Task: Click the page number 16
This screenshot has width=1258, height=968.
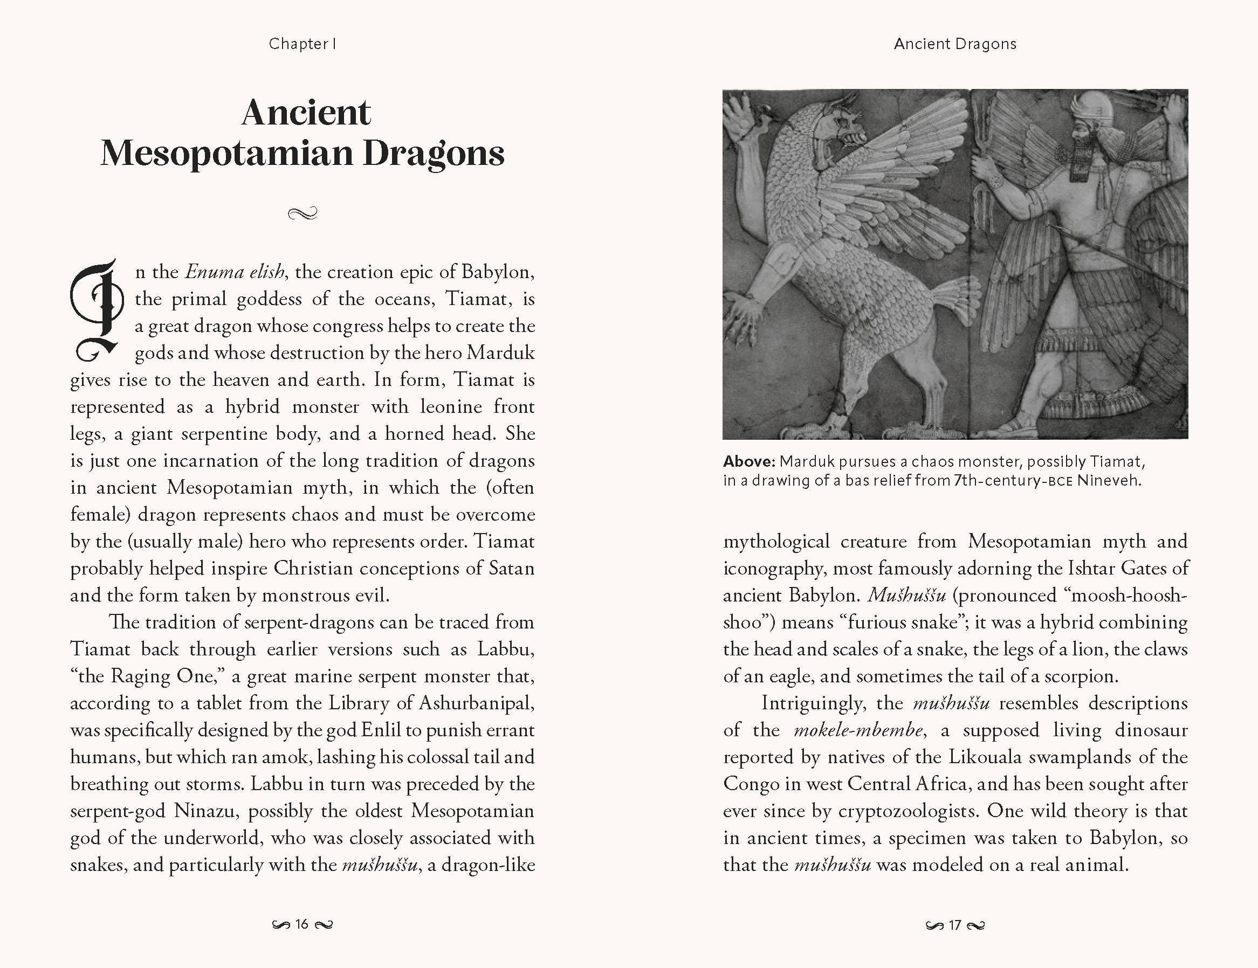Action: pos(302,925)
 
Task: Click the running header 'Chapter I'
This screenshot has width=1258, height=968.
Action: pos(303,44)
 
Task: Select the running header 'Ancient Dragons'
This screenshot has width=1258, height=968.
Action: pos(954,44)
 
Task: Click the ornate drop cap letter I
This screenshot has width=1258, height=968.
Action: pos(97,311)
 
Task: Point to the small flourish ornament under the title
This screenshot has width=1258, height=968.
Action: pos(303,214)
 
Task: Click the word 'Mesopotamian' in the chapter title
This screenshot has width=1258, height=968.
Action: pos(227,153)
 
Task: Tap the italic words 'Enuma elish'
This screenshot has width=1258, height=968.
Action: pos(235,272)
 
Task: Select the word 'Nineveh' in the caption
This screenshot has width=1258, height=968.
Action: pos(1108,480)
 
